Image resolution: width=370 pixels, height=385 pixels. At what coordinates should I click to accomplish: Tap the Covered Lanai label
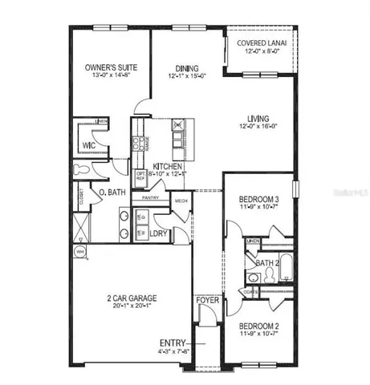[262, 43]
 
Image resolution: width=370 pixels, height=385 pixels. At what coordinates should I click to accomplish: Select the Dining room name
[188, 69]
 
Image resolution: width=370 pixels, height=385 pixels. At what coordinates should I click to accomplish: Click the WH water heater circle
[80, 251]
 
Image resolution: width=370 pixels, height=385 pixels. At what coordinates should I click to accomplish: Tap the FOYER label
[208, 302]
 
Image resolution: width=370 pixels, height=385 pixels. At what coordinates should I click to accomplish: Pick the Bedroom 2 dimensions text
[259, 335]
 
